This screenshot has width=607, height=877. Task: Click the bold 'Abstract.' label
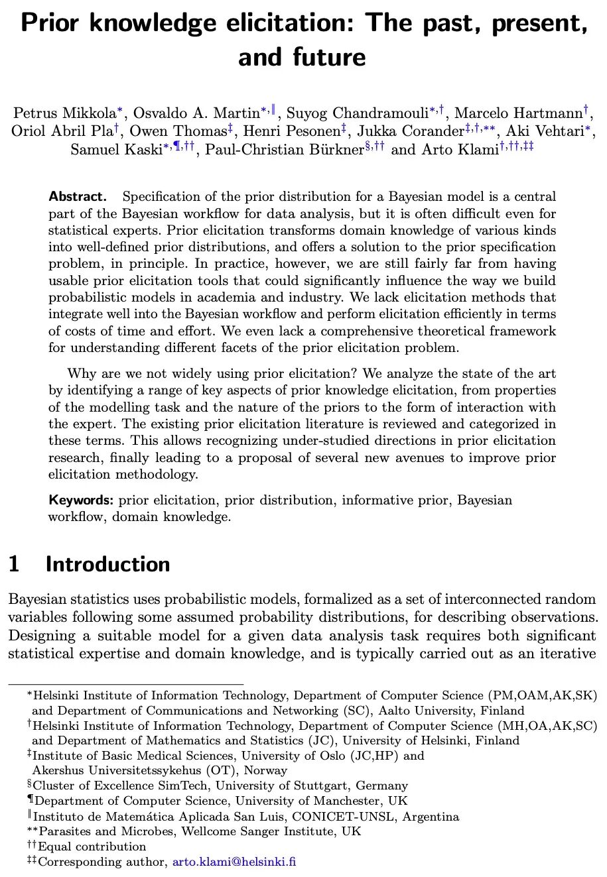(x=78, y=197)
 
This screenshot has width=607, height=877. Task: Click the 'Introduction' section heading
(x=107, y=564)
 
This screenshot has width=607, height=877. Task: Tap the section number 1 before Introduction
(x=15, y=564)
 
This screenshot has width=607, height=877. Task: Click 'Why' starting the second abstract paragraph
(x=82, y=374)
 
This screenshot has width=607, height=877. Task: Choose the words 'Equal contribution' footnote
(x=92, y=847)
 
